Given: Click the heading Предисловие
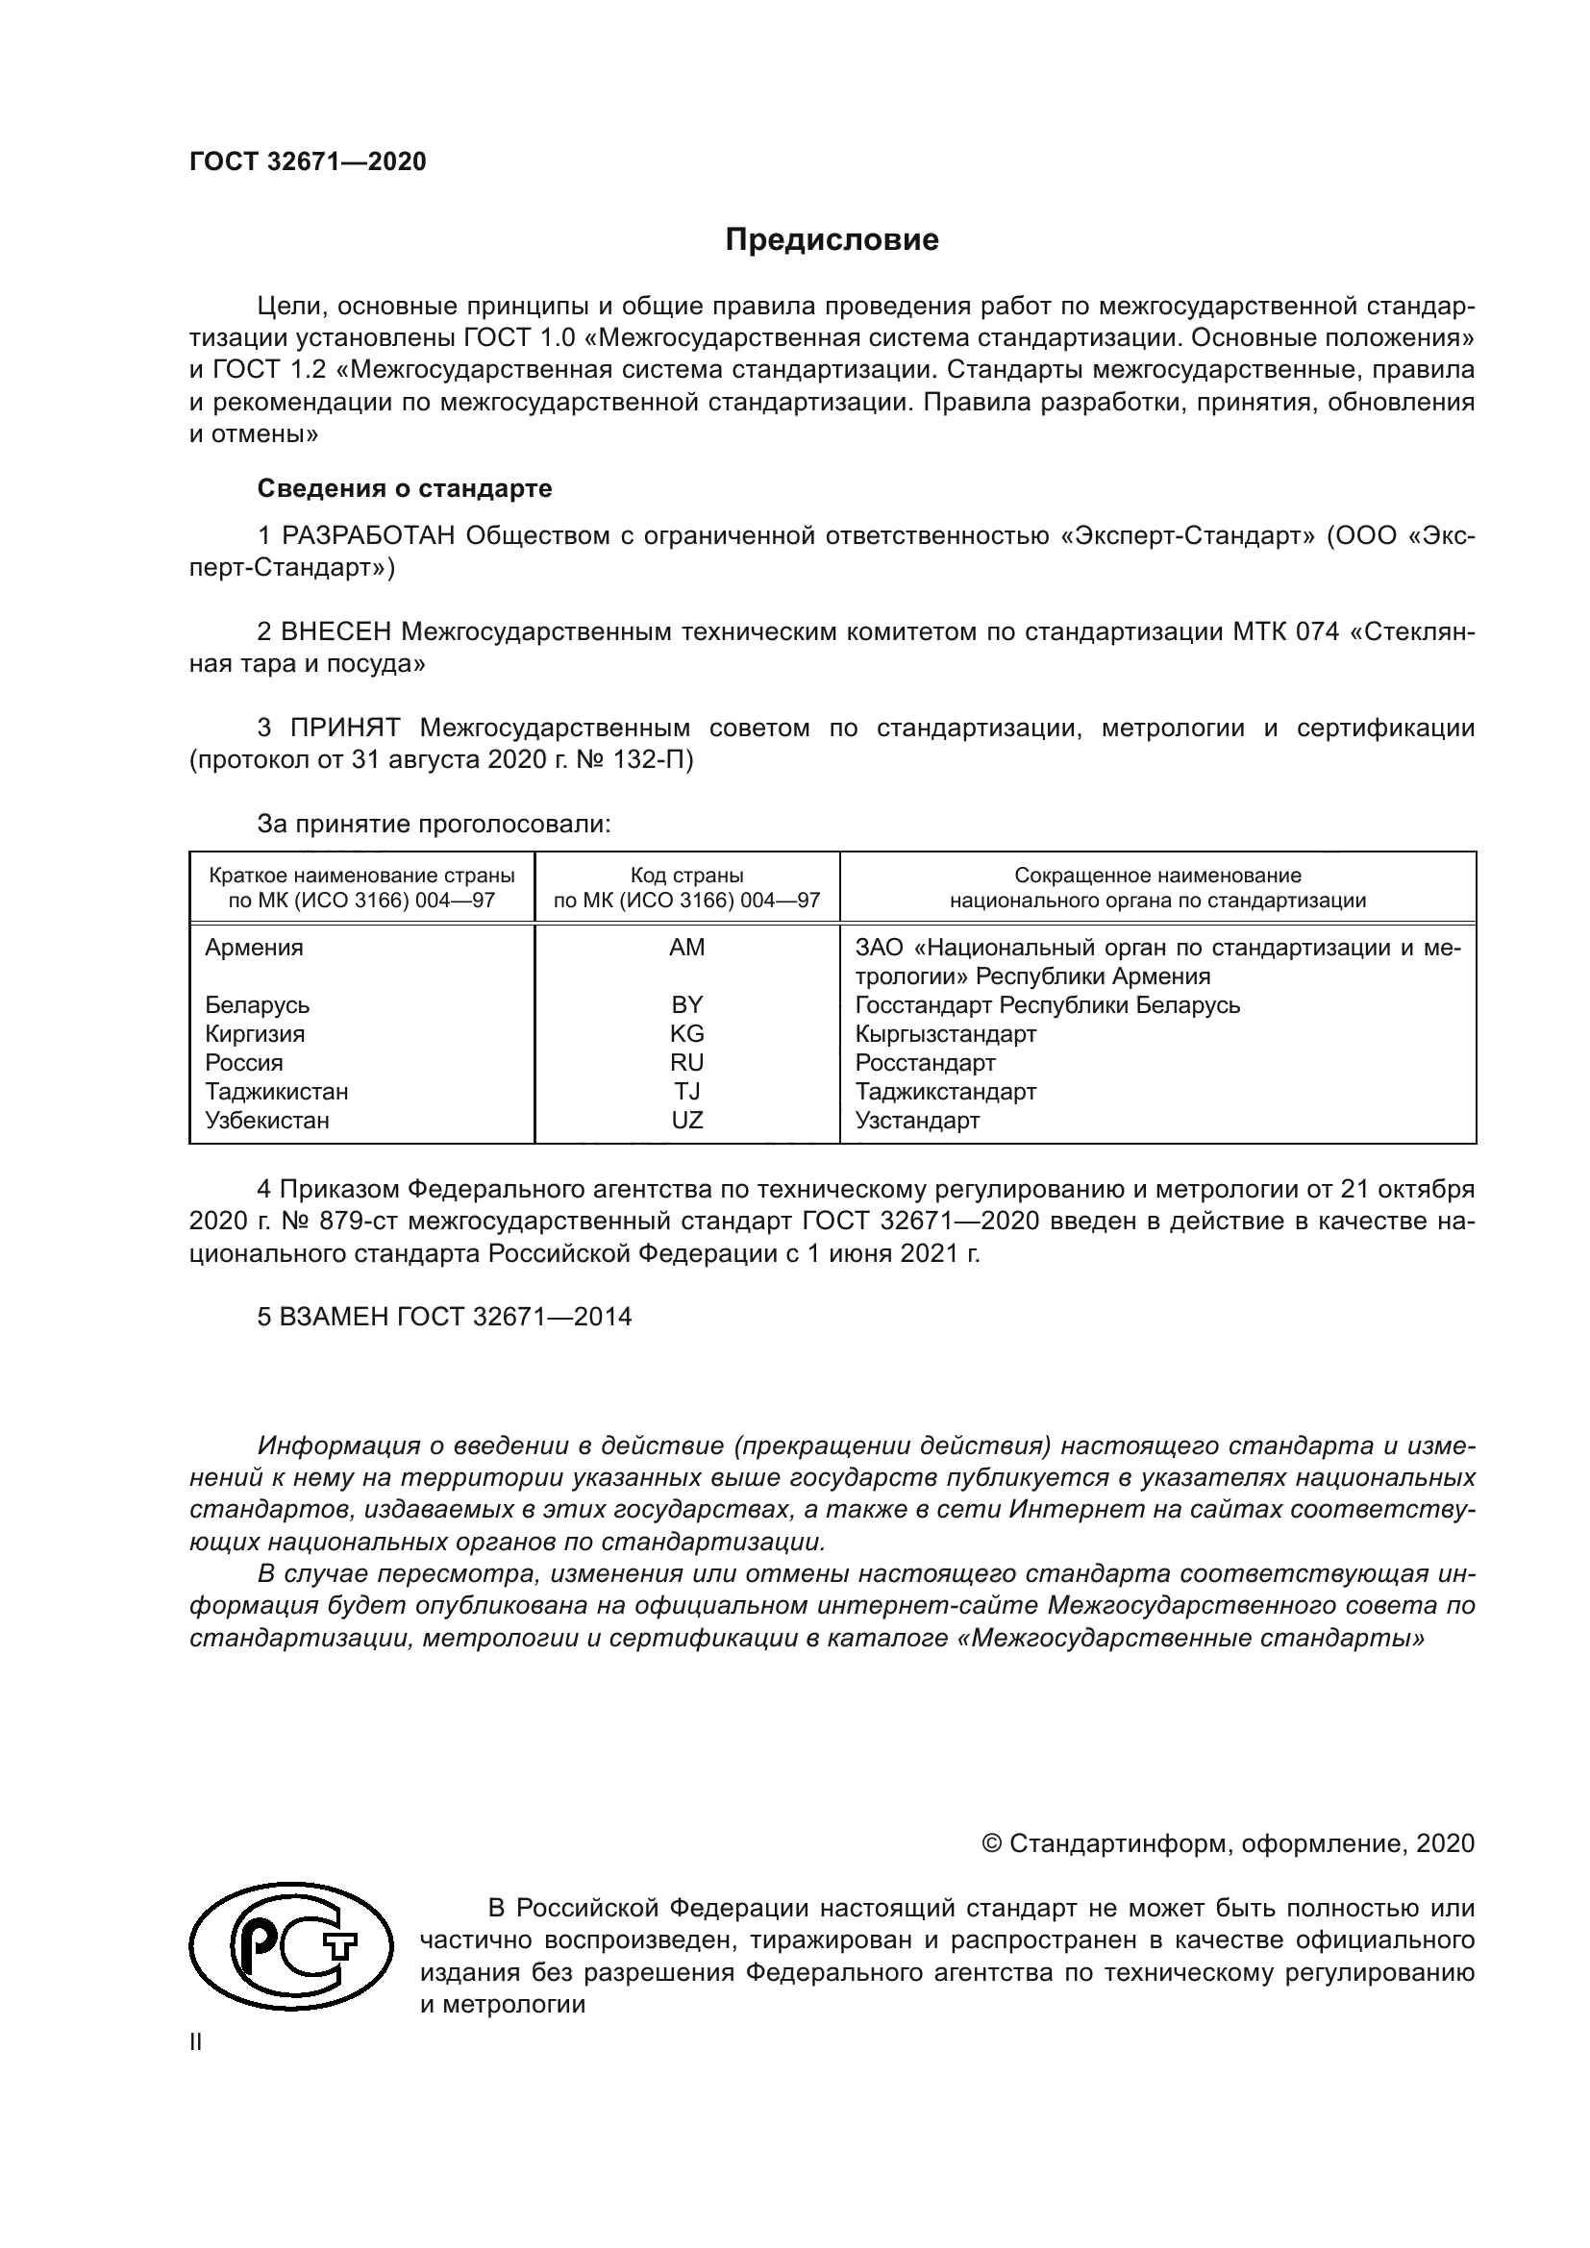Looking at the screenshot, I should pos(832,240).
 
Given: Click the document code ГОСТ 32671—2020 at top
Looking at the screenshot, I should pos(308,161).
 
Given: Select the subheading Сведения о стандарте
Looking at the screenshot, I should pos(405,488).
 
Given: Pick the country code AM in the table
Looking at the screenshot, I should pos(686,948).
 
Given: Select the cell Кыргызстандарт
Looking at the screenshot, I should pos(945,1034).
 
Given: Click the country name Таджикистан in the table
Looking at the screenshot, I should pos(276,1092).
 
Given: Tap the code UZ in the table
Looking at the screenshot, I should pos(686,1120).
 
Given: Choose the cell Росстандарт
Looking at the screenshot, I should pos(924,1063).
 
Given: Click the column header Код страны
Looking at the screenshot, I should pos(686,876).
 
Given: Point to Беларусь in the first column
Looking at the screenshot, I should pos(257,1005).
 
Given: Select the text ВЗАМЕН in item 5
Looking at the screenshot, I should pos(334,1317).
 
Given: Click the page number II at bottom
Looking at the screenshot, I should pos(196,2042).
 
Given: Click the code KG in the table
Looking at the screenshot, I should pos(686,1034).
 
